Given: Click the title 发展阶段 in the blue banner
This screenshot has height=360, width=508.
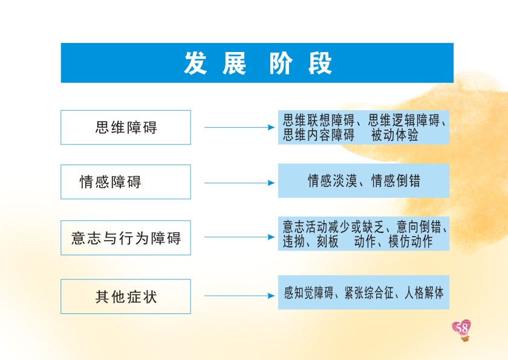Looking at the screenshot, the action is [x=258, y=63].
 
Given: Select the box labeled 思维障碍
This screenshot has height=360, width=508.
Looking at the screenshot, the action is [x=126, y=127].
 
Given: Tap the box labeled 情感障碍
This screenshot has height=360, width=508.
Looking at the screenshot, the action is [x=126, y=182].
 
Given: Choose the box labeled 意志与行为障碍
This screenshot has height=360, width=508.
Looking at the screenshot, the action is [x=126, y=238].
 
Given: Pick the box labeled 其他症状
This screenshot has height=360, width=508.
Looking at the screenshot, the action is [x=126, y=296].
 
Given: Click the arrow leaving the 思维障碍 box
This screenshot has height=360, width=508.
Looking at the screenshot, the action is [x=239, y=127].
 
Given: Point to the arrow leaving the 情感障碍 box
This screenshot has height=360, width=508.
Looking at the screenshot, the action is [x=239, y=183].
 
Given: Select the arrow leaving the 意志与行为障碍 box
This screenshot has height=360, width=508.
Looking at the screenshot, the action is [x=239, y=237].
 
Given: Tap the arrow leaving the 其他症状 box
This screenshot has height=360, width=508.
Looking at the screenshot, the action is [x=239, y=296].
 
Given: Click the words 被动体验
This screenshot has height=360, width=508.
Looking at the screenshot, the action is [x=394, y=135].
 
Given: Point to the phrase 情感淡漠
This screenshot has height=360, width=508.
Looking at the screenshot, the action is [x=333, y=181].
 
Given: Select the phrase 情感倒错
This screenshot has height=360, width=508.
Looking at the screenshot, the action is [x=396, y=181].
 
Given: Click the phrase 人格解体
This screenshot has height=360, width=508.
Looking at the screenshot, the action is [x=424, y=293].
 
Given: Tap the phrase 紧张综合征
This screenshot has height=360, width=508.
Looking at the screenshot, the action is [x=369, y=293].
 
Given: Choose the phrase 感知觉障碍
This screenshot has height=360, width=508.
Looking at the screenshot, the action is [x=308, y=293].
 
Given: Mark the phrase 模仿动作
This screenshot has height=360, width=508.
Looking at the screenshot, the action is [x=411, y=241].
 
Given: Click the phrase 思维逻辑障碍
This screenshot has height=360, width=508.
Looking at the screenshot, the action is [x=404, y=120].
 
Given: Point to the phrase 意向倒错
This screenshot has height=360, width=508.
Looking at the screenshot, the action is [x=419, y=227].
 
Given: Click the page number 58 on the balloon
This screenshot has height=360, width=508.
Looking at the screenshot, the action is [x=461, y=329].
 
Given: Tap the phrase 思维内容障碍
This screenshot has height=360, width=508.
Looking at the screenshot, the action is [x=319, y=135].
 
